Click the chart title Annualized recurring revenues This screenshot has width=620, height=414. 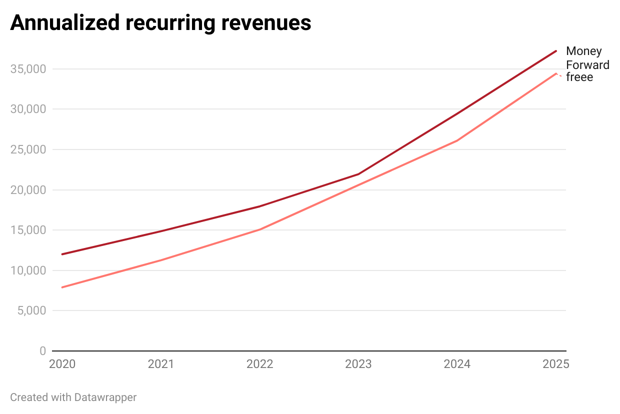(160, 23)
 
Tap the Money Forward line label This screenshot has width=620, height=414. (587, 58)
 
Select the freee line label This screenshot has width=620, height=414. (579, 77)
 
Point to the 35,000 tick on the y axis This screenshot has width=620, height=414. (28, 69)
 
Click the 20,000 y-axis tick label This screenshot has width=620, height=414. (28, 190)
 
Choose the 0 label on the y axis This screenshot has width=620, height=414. (43, 351)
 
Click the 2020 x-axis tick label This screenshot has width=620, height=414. (62, 364)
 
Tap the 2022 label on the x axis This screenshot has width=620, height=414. (259, 364)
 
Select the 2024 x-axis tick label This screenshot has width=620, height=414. (457, 364)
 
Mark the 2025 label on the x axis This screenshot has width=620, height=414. (555, 364)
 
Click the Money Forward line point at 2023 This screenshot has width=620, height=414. (358, 174)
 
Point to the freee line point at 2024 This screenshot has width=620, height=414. (457, 140)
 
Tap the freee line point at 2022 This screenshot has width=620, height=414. (259, 229)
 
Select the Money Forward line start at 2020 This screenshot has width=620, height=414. (62, 254)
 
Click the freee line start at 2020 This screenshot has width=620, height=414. (62, 287)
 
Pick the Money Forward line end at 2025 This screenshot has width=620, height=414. (555, 51)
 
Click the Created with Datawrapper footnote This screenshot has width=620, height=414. (73, 397)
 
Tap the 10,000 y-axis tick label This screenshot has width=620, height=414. (28, 270)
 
